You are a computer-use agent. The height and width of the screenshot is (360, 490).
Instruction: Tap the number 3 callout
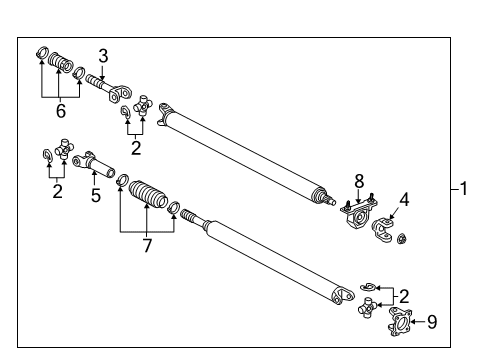102,55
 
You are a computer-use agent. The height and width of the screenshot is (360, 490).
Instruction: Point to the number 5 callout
96,195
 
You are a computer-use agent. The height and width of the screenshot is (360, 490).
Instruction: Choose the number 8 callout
357,182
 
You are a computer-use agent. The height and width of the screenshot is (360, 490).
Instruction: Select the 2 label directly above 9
403,296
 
